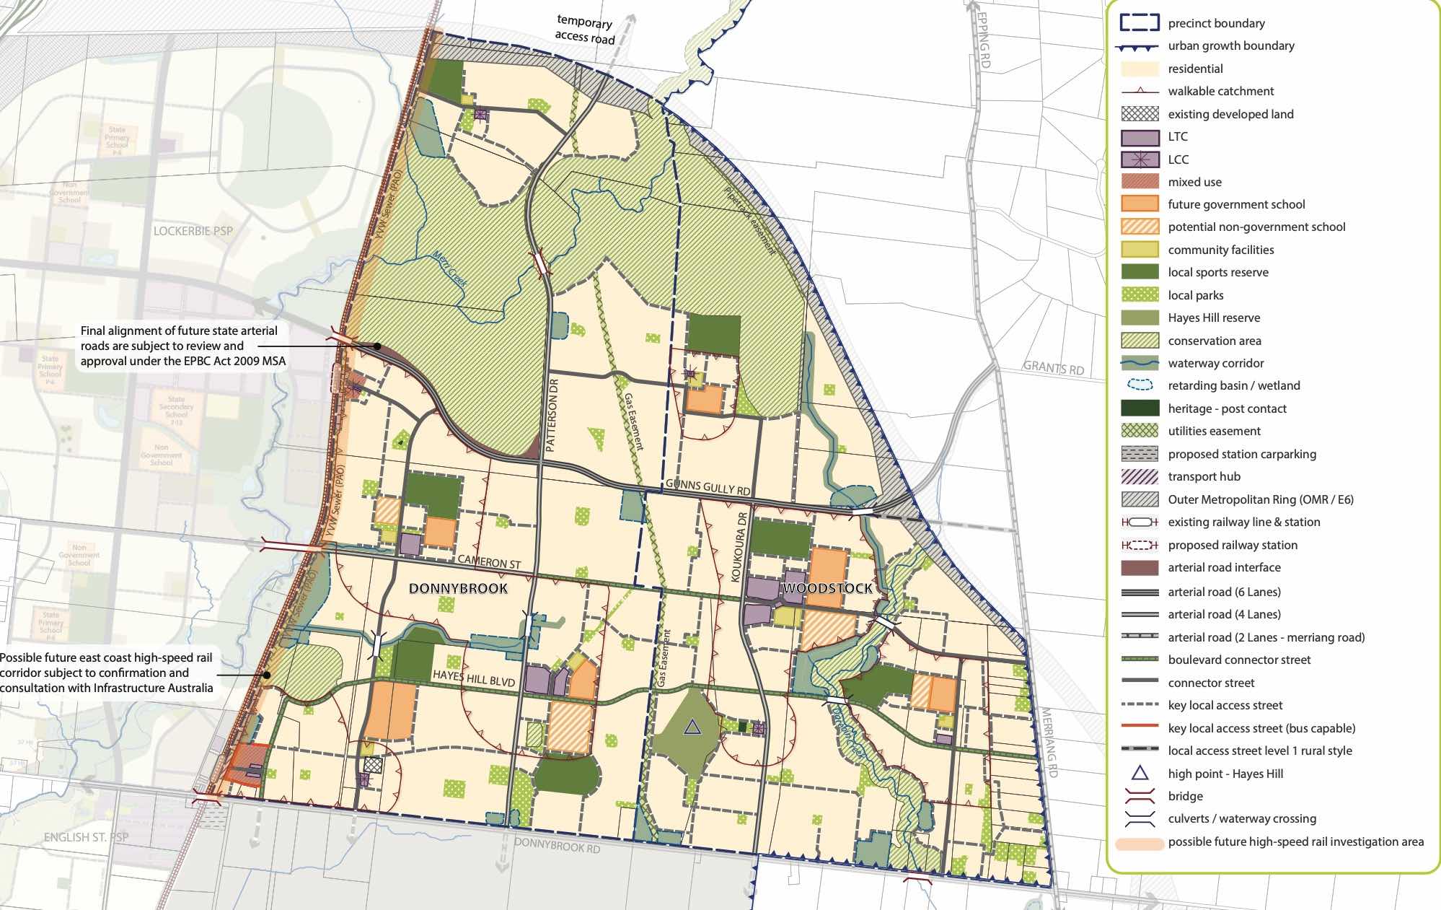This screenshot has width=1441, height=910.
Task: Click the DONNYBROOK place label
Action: [458, 588]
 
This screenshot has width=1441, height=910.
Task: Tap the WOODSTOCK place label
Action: [827, 588]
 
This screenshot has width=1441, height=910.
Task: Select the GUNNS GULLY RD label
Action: [708, 487]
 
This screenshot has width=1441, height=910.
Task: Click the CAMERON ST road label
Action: [488, 561]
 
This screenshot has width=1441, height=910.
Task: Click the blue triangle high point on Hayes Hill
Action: [692, 727]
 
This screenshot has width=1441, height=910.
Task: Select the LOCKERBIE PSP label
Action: [193, 231]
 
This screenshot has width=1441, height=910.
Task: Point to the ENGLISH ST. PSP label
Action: [86, 837]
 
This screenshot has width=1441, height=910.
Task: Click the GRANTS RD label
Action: [1054, 368]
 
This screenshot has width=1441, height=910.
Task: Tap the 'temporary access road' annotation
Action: [584, 30]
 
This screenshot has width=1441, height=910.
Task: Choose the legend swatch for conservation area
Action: [1140, 341]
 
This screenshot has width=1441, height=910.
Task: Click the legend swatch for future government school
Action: [1140, 204]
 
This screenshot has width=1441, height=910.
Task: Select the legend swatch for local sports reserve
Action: [1140, 272]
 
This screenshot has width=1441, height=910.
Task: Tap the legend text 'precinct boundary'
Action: [1216, 23]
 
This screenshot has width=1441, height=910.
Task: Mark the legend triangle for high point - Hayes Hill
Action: [1140, 774]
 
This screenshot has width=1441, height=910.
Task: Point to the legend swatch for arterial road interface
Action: [1140, 567]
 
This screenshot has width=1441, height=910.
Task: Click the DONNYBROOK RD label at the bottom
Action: [557, 845]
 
